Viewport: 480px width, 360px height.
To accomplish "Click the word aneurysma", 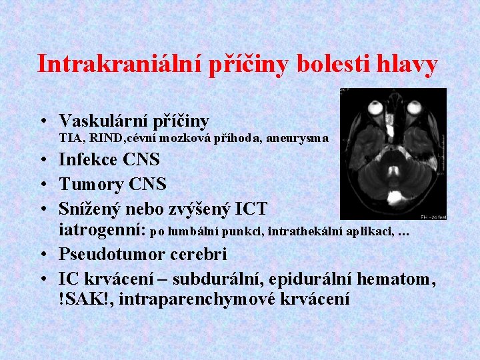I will coord(297,139).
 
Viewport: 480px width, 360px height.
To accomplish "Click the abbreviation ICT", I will coord(251,209).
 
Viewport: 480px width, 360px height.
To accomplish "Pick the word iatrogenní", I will coord(101,231).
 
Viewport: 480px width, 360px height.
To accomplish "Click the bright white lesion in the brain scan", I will coord(399,197).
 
